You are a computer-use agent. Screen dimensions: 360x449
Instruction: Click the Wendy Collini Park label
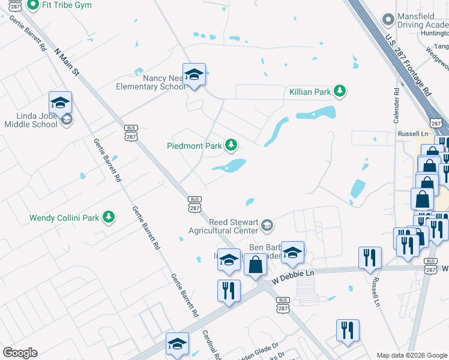coord(65,217)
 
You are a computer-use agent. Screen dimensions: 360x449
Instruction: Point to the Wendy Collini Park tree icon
coord(108,217)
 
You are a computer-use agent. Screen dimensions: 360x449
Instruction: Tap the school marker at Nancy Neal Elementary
coord(194,75)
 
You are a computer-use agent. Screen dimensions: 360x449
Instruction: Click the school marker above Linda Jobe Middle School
coord(60,103)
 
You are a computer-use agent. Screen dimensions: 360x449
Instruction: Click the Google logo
coord(20,353)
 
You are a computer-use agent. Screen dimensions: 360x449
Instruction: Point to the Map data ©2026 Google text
coord(411,355)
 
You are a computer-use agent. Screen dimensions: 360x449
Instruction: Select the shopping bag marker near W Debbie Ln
coord(255,264)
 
